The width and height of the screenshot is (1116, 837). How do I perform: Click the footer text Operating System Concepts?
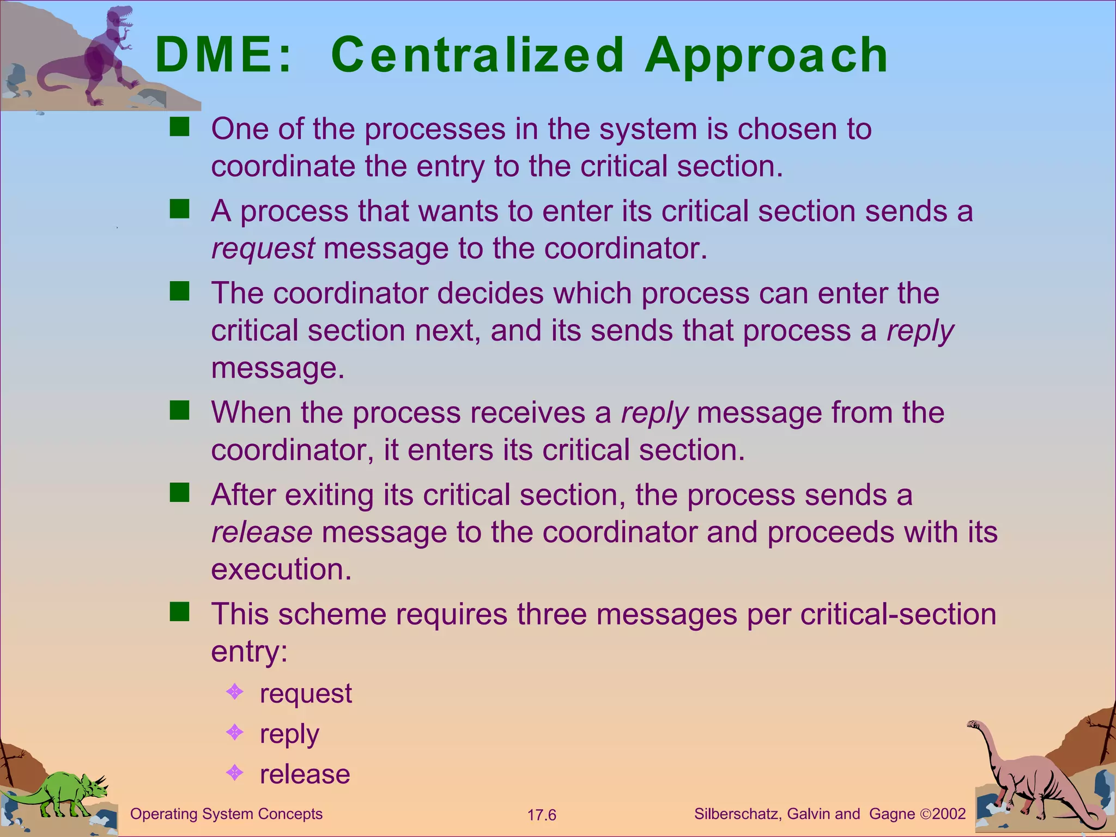[226, 814]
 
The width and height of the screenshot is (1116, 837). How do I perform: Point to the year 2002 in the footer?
[949, 814]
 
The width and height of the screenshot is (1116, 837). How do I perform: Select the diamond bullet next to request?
[234, 693]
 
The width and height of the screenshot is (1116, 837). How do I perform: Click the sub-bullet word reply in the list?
[289, 734]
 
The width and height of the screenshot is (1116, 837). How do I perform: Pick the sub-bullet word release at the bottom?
[305, 774]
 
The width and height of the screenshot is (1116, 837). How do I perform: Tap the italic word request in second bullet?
[263, 248]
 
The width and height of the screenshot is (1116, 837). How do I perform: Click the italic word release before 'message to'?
[262, 532]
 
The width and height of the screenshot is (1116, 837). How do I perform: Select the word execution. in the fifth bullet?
[281, 569]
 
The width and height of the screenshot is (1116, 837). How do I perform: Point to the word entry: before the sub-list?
[249, 651]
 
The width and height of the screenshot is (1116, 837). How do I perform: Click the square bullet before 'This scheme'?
[179, 612]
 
